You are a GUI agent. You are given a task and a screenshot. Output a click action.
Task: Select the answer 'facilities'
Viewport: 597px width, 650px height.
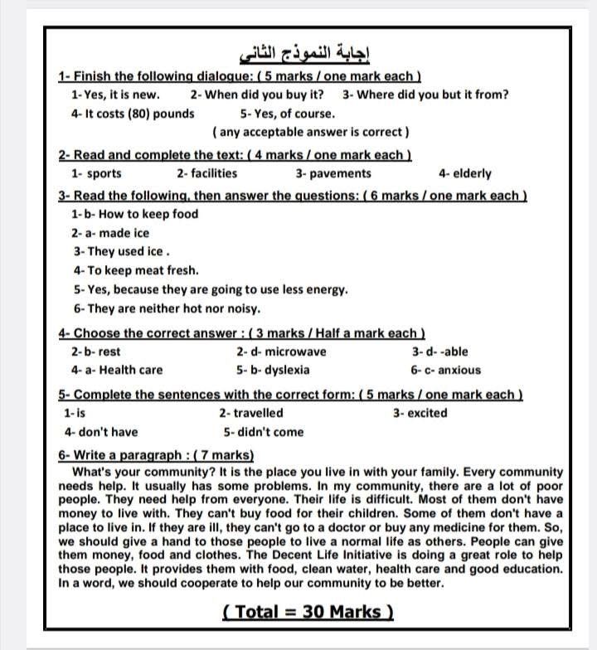(213, 173)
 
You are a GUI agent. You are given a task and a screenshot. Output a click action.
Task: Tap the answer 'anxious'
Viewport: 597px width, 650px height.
(459, 370)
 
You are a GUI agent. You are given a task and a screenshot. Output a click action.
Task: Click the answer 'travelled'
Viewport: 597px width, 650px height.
(258, 413)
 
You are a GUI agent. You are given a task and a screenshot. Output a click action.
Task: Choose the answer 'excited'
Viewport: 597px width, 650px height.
(426, 413)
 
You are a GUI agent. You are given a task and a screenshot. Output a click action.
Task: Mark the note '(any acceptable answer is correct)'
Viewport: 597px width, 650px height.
(311, 132)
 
